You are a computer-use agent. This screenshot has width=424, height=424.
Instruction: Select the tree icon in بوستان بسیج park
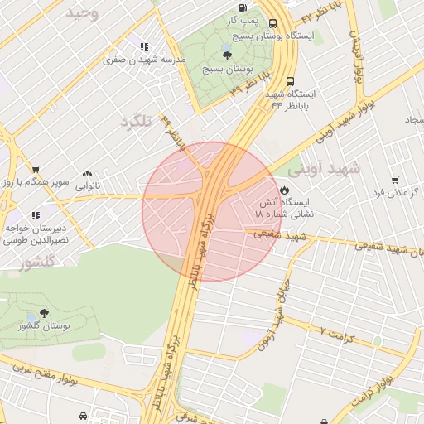[x=227, y=55]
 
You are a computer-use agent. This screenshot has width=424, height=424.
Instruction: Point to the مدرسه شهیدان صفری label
[x=137, y=60]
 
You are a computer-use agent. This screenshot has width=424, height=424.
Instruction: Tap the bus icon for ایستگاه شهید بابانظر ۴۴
[x=290, y=82]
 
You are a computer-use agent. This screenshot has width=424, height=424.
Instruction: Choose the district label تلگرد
[x=137, y=121]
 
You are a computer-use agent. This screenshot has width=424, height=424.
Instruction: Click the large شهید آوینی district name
[x=325, y=168]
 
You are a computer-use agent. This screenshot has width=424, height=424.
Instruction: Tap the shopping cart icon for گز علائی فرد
[x=395, y=181]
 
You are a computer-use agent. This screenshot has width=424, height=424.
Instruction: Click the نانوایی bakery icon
[x=87, y=174]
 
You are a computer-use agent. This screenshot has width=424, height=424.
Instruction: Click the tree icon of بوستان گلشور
[x=43, y=315]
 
